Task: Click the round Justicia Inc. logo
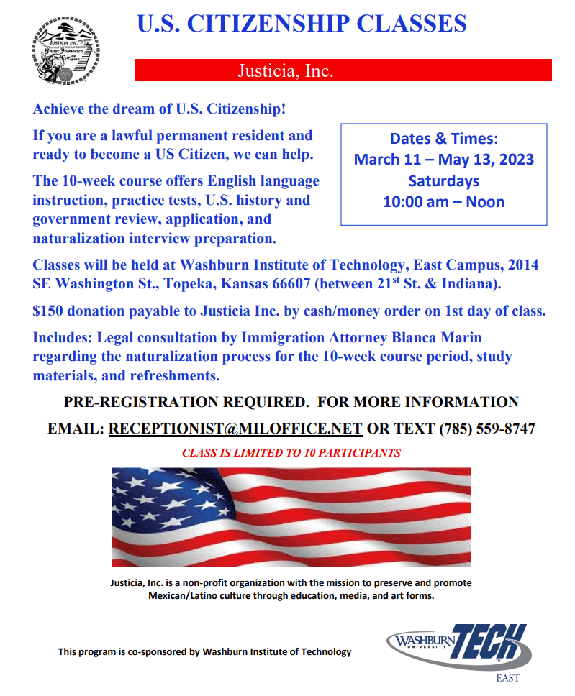point(66,52)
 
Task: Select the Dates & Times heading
point(443,139)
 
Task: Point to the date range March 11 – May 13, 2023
point(443,159)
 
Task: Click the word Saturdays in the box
point(443,180)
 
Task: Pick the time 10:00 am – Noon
point(443,201)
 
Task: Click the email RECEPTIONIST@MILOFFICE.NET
point(235,429)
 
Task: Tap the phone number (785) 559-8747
point(487,429)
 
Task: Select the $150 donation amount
point(45,311)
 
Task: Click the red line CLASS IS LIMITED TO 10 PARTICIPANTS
point(291,453)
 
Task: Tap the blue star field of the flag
point(170,493)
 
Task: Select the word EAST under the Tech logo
point(508,678)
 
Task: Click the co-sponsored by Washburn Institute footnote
point(205,652)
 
